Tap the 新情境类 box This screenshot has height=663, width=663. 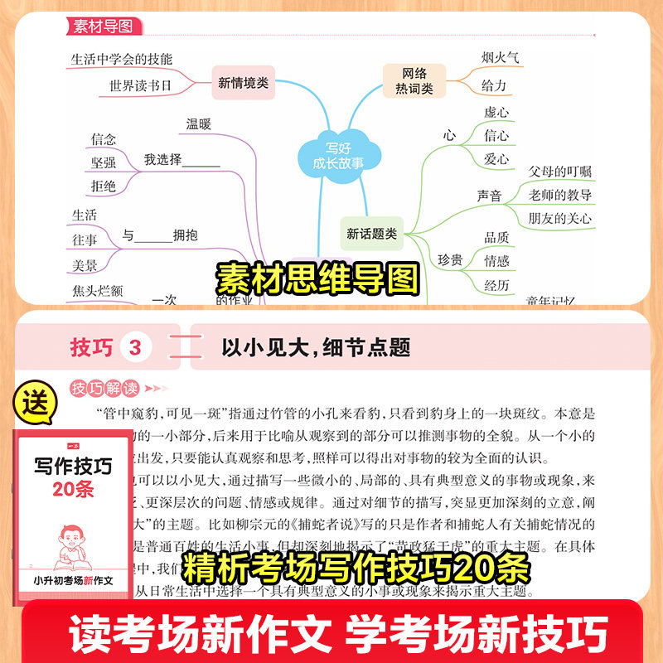(x=243, y=82)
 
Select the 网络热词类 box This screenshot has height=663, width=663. (x=412, y=80)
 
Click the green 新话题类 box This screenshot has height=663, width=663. (x=371, y=234)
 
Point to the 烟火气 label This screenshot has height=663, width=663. (x=501, y=57)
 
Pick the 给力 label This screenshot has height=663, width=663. (x=494, y=85)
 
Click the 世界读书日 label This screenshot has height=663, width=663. (x=140, y=85)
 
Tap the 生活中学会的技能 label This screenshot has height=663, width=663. (x=122, y=59)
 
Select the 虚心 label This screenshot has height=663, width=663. (x=496, y=112)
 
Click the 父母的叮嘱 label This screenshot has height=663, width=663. (x=560, y=172)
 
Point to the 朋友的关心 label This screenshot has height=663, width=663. (x=560, y=219)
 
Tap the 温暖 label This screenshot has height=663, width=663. (x=199, y=124)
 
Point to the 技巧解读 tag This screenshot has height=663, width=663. (x=104, y=388)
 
